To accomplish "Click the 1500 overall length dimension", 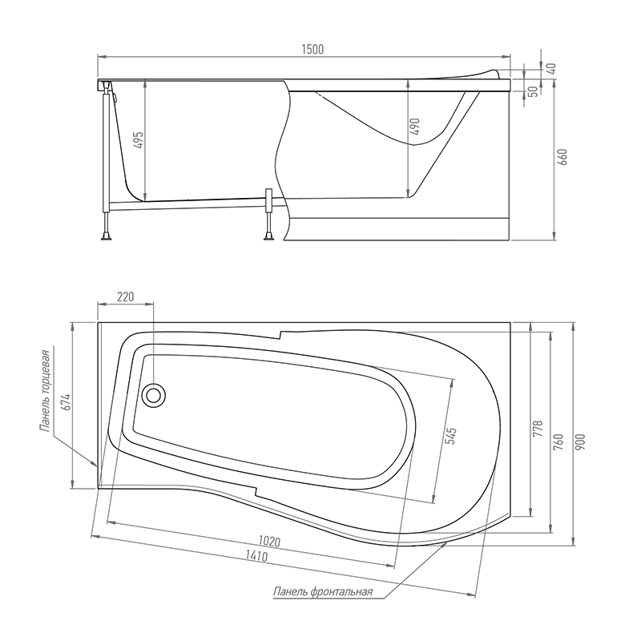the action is (x=312, y=50).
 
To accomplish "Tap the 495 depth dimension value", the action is (x=139, y=140).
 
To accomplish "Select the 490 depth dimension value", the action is (x=414, y=127).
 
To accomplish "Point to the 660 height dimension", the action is (x=563, y=157).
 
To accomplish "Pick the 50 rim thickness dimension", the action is (x=533, y=92).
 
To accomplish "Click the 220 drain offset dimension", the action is (x=126, y=296).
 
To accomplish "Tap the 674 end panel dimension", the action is (x=67, y=402).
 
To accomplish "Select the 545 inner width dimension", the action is (x=450, y=436).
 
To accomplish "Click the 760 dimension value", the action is (x=558, y=442).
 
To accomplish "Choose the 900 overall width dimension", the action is (x=582, y=442).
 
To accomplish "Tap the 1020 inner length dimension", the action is (x=269, y=542).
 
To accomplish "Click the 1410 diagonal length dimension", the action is (x=256, y=556).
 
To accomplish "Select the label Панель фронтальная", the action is (x=323, y=591).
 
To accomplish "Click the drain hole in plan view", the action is (x=154, y=395).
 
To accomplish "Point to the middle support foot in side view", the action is (x=269, y=236).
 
